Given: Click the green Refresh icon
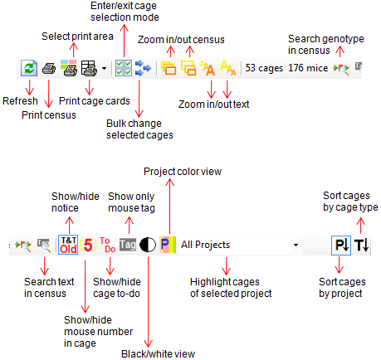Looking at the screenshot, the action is (x=29, y=68).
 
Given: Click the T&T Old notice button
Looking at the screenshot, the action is (x=68, y=245).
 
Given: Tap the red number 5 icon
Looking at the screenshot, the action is (x=88, y=245).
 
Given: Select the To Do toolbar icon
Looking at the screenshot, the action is (x=108, y=245).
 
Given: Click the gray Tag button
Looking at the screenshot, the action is (x=128, y=245).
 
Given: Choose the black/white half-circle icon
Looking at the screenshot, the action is (x=148, y=245).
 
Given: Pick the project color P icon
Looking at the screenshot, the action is (x=168, y=245).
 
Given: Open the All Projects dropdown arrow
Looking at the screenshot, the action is (x=296, y=245).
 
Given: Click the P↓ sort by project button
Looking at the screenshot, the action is (x=341, y=245).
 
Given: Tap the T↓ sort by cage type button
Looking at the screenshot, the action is (x=362, y=245).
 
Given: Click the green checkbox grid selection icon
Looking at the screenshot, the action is (x=124, y=68).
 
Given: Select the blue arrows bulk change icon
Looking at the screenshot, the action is (x=143, y=68).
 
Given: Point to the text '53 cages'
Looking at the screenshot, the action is (x=264, y=68).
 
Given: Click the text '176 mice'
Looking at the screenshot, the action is (x=308, y=68).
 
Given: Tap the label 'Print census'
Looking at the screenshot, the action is (x=49, y=115).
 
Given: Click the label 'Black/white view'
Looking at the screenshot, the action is (x=159, y=354).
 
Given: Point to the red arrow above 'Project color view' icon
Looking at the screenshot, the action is (x=169, y=207).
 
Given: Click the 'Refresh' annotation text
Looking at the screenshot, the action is (x=20, y=101).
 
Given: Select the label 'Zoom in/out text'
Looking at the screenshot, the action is (x=213, y=105).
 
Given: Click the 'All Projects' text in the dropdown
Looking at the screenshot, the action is (x=205, y=245).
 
